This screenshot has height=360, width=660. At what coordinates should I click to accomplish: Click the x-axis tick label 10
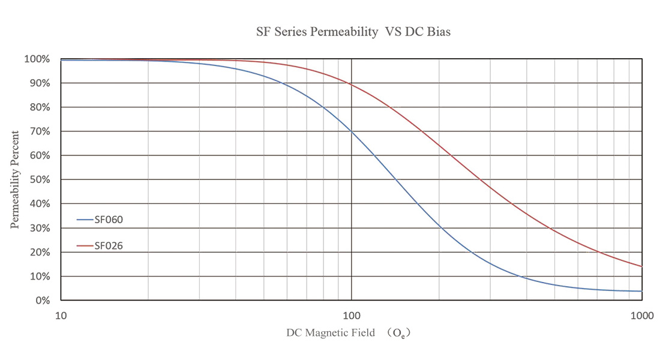click(x=61, y=314)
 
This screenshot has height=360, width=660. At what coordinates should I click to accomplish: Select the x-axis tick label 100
click(x=351, y=314)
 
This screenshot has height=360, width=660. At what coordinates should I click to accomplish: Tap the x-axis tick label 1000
click(x=641, y=314)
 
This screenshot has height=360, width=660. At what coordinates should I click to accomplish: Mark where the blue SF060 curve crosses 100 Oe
click(x=351, y=131)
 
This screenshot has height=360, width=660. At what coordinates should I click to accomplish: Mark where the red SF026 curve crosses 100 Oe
click(x=351, y=85)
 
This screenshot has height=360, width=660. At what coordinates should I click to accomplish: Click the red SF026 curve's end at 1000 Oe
click(x=641, y=266)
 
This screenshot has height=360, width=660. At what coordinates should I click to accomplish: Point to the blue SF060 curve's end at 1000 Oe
click(x=641, y=291)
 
